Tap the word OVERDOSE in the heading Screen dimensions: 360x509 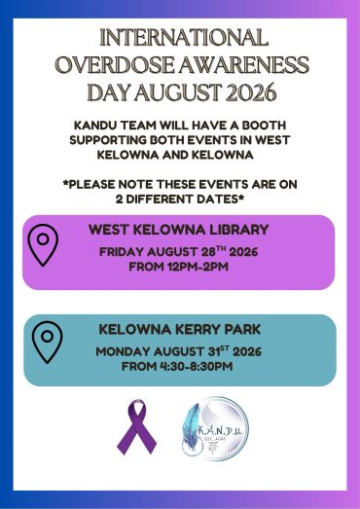pyautogui.click(x=115, y=64)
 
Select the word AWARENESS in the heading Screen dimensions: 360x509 pyautogui.click(x=243, y=64)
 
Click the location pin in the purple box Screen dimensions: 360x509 pyautogui.click(x=43, y=244)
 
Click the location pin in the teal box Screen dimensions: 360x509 pyautogui.click(x=48, y=342)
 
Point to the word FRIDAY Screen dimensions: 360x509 pyautogui.click(x=121, y=252)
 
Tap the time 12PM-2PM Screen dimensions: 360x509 pyautogui.click(x=198, y=267)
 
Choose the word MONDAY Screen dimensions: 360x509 pyautogui.click(x=123, y=351)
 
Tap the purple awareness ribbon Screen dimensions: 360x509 pyautogui.click(x=136, y=427)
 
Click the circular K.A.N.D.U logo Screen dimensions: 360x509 pyautogui.click(x=215, y=429)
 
